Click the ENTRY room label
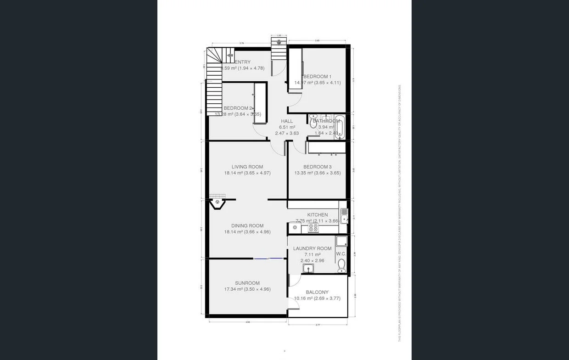(x=243, y=62)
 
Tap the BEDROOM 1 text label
(x=317, y=76)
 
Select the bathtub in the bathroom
(x=339, y=128)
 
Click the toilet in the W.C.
(x=341, y=266)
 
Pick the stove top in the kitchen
(x=313, y=227)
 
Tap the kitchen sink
(x=344, y=216)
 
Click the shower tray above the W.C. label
(x=341, y=242)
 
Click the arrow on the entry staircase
(x=230, y=55)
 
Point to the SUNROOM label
(x=247, y=283)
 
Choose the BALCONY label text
(x=317, y=292)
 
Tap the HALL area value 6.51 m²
(x=287, y=127)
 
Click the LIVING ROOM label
(x=247, y=167)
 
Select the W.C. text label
(x=341, y=254)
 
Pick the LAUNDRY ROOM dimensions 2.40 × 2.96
(x=312, y=260)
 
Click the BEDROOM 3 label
(x=317, y=167)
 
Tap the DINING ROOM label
(x=247, y=225)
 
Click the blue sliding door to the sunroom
(x=268, y=259)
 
